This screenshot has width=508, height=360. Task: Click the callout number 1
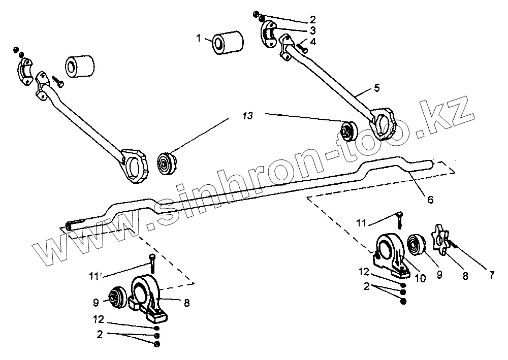(199, 38)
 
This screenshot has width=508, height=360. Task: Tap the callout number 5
(376, 88)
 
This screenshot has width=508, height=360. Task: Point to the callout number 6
(430, 200)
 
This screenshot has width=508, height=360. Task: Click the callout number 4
(313, 42)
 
